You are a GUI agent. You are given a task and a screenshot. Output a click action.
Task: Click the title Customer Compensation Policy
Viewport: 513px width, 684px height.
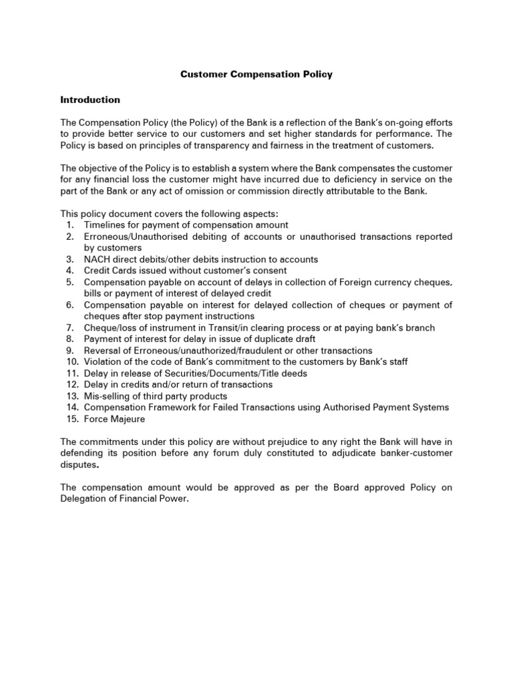pyautogui.click(x=256, y=74)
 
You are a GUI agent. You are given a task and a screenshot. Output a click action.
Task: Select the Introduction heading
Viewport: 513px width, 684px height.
pyautogui.click(x=90, y=100)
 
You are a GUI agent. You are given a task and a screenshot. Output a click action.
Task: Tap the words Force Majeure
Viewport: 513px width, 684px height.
pyautogui.click(x=114, y=419)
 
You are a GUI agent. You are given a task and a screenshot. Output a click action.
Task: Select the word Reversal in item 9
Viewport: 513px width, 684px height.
pyautogui.click(x=103, y=350)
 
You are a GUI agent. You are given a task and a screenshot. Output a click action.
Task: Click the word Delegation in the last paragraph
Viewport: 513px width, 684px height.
pyautogui.click(x=84, y=499)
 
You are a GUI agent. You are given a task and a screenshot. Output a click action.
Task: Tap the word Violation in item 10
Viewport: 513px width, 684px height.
pyautogui.click(x=104, y=361)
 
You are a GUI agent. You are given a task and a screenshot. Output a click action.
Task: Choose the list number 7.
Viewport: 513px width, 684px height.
pyautogui.click(x=70, y=327)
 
